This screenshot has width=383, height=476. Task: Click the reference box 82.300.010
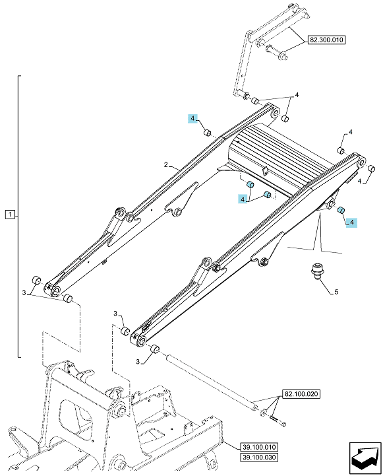point(327,40)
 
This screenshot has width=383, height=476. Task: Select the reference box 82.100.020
point(301,394)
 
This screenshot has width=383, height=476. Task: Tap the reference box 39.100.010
point(259,447)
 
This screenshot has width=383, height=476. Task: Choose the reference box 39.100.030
point(259,458)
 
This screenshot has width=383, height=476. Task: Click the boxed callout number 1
point(10,215)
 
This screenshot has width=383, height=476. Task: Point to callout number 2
point(165,165)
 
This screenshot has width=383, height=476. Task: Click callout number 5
point(336,292)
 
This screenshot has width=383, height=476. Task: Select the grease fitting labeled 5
point(316,272)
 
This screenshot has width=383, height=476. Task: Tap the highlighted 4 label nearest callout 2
point(193,118)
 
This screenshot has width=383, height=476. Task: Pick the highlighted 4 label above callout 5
point(351,222)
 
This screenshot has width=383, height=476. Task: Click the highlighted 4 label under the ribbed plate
point(243,199)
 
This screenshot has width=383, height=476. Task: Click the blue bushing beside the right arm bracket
point(341,210)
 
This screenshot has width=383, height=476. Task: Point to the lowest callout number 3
point(138,362)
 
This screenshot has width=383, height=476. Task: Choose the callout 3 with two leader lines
point(24,293)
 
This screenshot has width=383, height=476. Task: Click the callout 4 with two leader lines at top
point(297,95)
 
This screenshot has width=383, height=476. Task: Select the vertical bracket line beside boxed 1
point(18,217)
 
